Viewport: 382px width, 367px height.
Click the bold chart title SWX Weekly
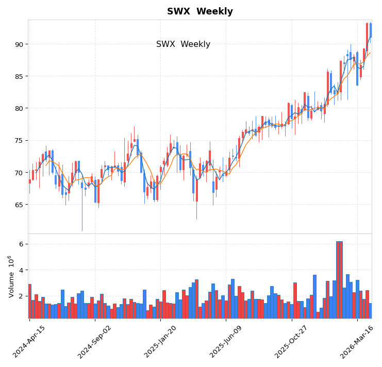click(x=200, y=11)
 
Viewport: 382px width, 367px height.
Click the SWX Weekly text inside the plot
click(x=183, y=44)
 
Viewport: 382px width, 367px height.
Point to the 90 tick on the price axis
click(x=19, y=44)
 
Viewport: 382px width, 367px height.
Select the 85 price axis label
click(x=19, y=76)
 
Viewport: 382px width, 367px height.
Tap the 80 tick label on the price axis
click(x=19, y=108)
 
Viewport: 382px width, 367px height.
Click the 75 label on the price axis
click(x=19, y=141)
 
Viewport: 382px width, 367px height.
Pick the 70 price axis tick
click(x=19, y=173)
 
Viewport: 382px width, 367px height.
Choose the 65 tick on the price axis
click(x=19, y=205)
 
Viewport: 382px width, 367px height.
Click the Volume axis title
click(x=11, y=276)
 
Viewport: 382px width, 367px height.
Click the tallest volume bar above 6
click(x=339, y=278)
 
